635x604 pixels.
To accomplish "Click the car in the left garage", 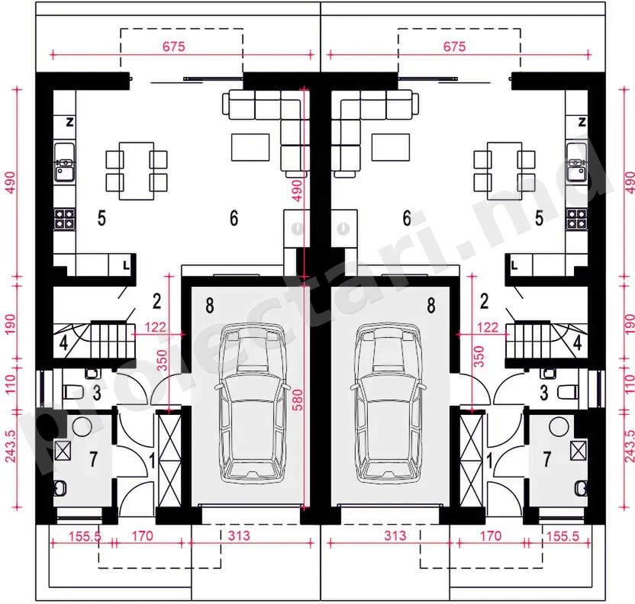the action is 253,403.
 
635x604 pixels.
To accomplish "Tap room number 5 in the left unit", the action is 102,218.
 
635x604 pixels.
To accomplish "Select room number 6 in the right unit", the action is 407,218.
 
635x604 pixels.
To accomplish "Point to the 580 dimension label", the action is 297,400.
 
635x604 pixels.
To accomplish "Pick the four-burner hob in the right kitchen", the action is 576,220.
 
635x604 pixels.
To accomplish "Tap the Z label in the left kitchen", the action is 69,122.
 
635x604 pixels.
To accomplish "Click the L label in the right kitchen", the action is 514,266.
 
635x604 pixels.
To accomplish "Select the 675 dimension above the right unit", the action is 454,47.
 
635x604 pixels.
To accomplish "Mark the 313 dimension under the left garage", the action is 239,535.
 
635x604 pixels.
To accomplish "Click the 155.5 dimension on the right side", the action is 563,536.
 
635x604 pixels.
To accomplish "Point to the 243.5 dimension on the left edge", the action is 11,446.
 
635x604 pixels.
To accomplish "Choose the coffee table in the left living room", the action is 250,147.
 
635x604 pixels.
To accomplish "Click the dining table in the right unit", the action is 504,171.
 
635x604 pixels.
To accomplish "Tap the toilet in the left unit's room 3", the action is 73,392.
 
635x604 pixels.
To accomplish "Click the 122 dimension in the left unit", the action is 155,327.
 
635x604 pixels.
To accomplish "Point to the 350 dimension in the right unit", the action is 479,356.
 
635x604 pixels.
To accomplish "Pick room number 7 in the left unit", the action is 94,459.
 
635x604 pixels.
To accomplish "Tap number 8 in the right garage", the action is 431,306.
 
